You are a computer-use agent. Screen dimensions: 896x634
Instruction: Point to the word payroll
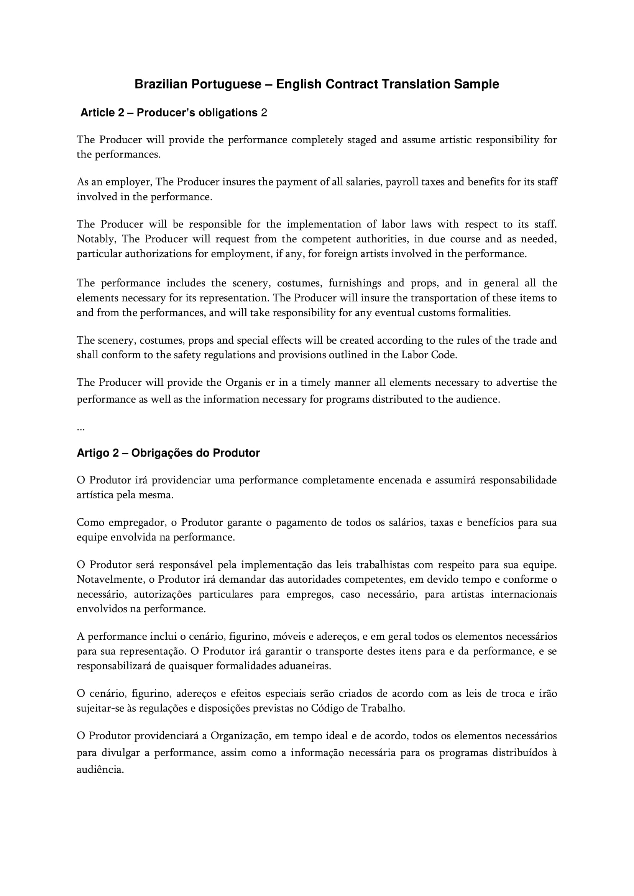402,182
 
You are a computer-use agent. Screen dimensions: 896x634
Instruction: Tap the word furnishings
355,283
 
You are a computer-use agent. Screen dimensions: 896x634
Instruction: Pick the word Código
327,708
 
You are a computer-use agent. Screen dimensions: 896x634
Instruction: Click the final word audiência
100,770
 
